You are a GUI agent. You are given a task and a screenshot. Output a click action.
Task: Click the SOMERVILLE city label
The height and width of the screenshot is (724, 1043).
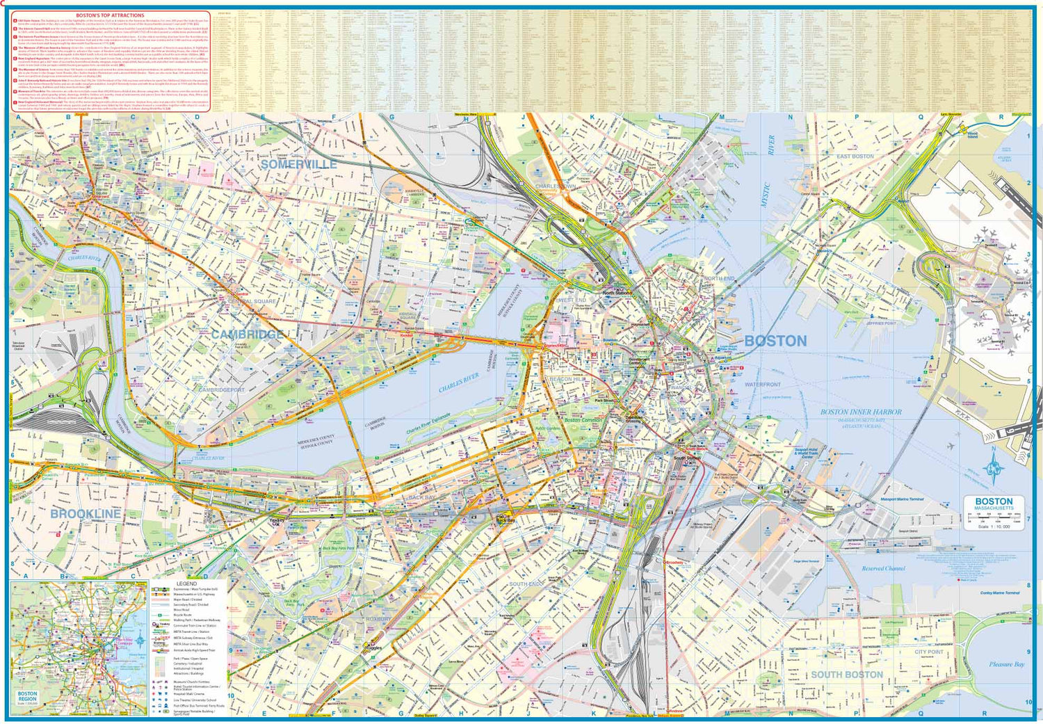[x=298, y=165]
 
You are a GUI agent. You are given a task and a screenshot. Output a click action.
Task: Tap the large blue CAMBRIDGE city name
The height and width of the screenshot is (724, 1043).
[x=247, y=335]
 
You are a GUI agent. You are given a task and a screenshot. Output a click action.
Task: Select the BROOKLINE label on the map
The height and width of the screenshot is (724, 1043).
[x=85, y=513]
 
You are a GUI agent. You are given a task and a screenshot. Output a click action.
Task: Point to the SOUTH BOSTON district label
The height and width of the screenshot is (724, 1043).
[x=846, y=675]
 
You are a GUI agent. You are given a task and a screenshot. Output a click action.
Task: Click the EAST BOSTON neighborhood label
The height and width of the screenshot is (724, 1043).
[x=855, y=156]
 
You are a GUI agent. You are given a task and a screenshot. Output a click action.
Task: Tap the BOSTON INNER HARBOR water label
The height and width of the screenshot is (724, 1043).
[x=860, y=412]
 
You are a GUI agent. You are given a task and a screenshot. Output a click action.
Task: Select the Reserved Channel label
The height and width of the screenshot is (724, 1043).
[x=883, y=568]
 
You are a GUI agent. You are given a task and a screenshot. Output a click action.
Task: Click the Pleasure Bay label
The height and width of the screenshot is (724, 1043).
[x=1006, y=664]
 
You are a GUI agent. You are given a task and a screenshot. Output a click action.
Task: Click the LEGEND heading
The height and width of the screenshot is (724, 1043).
[x=186, y=584]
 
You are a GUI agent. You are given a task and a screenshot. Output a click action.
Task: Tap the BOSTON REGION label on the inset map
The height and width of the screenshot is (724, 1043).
[x=28, y=696]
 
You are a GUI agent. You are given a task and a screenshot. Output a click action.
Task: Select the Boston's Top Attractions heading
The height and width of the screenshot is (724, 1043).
[x=110, y=15]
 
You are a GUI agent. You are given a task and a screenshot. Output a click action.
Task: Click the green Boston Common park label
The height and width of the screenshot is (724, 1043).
[x=582, y=421]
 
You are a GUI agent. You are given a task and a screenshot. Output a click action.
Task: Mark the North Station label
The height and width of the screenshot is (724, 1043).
[x=617, y=293]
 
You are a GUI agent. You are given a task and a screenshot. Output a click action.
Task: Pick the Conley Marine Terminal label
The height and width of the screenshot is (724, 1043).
[x=999, y=593]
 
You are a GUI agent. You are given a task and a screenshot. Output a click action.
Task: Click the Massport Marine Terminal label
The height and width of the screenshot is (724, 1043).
[x=902, y=499]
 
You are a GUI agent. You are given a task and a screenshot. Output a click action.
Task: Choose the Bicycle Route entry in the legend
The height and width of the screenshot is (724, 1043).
[x=182, y=615]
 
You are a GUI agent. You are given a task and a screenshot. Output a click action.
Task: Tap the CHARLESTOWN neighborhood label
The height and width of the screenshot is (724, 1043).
[x=555, y=186]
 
